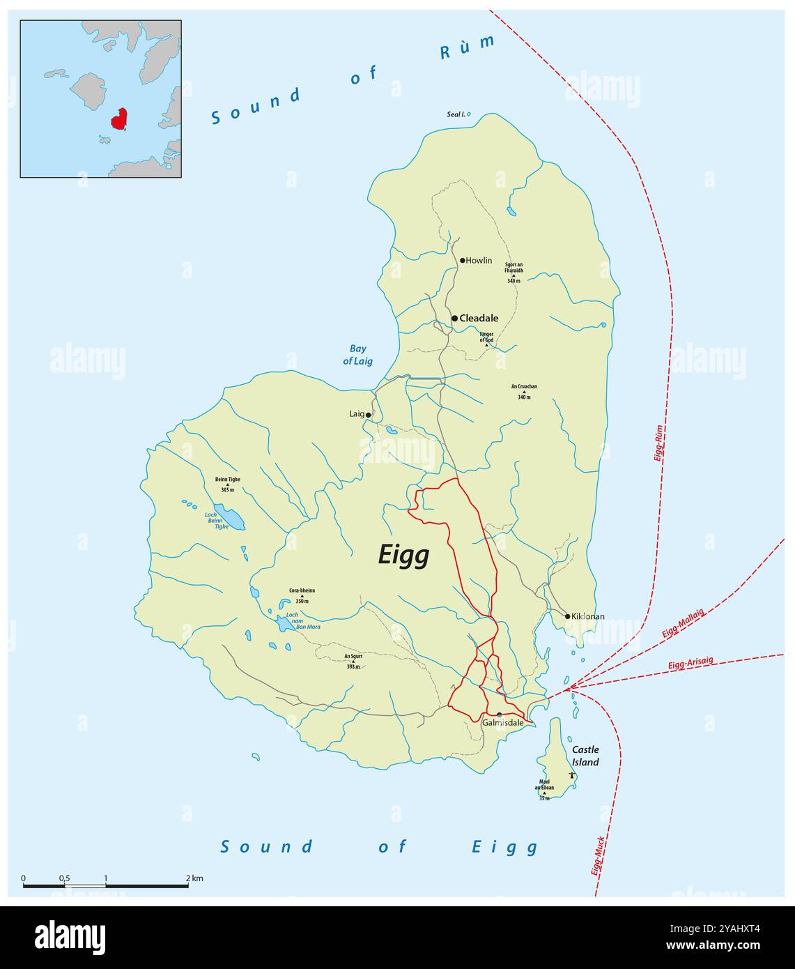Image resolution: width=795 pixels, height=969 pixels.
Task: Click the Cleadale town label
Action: point(479,319)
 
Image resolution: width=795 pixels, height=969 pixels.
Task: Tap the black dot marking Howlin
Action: point(462,261)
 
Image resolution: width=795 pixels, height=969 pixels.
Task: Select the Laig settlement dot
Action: point(369,415)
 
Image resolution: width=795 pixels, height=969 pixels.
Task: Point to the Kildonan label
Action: point(588,616)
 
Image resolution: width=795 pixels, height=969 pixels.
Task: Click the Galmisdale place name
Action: point(502,723)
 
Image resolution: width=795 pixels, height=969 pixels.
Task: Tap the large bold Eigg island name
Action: point(403,556)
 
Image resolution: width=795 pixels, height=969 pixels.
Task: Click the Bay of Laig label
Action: point(357,355)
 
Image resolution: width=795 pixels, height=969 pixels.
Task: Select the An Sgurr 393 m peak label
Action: point(353,661)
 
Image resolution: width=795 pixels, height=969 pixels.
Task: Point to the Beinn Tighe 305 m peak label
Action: point(228,484)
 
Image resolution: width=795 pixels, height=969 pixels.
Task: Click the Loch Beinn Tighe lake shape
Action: point(229,517)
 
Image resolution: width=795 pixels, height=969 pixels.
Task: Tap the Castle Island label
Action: point(585,756)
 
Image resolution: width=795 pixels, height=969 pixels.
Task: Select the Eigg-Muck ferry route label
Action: point(599,855)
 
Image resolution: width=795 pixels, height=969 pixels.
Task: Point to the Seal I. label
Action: point(456,114)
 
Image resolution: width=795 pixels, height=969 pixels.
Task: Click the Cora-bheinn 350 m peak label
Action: point(302,595)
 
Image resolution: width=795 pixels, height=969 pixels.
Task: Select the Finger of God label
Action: point(486,337)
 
